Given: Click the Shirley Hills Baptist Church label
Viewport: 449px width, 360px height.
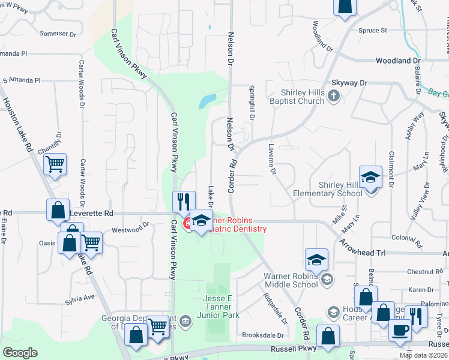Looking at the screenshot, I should pos(304,97).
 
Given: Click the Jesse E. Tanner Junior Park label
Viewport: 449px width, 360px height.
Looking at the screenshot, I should pos(220,307).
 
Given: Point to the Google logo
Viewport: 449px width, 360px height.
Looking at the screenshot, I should pos(20,353).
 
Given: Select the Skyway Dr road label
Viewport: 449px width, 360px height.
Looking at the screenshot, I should pos(349,83).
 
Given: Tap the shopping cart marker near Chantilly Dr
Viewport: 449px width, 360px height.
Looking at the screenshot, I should pos(55,163).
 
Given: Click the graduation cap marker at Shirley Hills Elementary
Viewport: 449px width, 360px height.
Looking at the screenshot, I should pos(370,176).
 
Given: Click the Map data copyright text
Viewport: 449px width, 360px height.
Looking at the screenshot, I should pos(423,355).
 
